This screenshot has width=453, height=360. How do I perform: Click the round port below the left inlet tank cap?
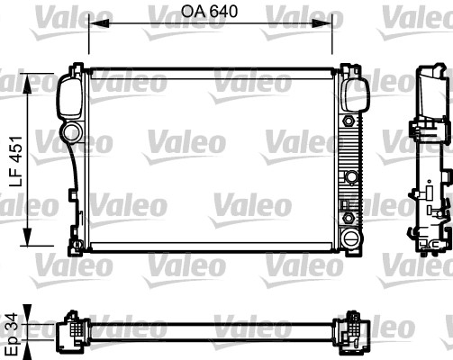(x=71, y=135)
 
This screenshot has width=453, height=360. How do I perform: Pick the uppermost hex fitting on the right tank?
(x=346, y=119)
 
